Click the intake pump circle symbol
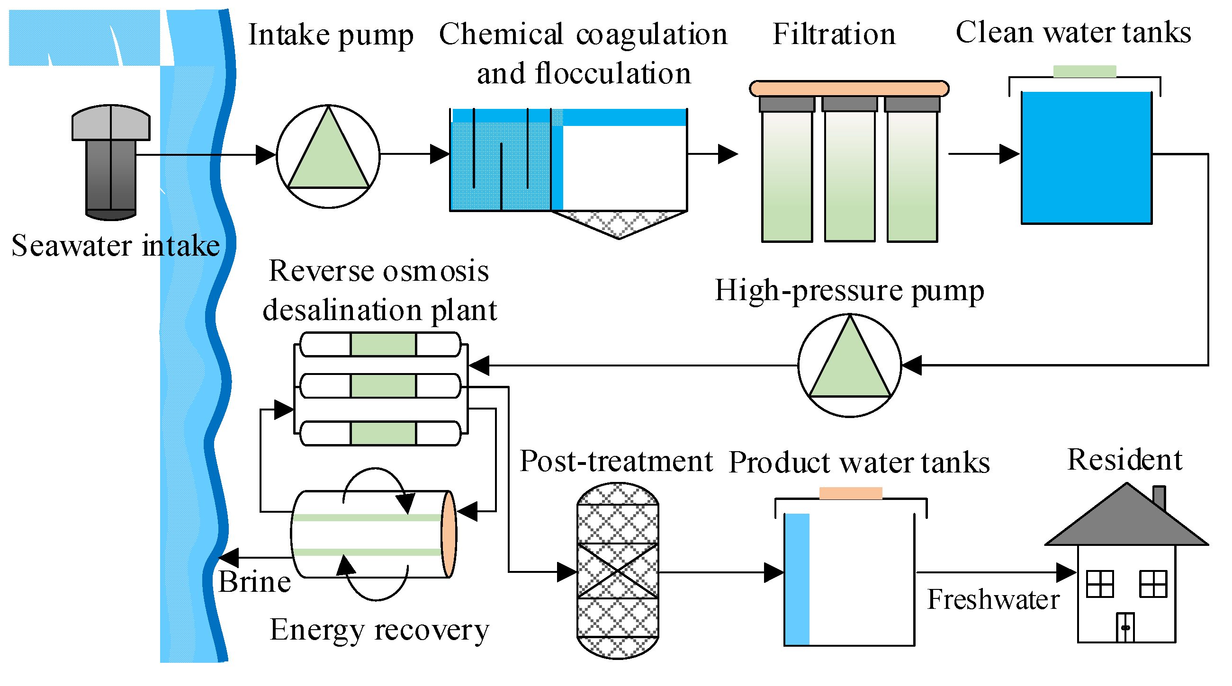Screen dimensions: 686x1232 pos(328,156)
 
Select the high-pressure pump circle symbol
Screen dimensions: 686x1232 pos(849,365)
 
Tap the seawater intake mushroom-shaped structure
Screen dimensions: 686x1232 pos(111,161)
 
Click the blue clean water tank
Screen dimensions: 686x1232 pos(1086,157)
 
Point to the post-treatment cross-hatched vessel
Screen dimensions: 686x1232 pos(618,571)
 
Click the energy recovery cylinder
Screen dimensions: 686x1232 pos(373,534)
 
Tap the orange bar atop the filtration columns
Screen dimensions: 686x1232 pos(849,89)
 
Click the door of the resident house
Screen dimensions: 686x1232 pos(1125,627)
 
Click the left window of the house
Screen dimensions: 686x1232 pos(1099,584)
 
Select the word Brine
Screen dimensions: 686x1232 pos(254,582)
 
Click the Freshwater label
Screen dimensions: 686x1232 pos(993,599)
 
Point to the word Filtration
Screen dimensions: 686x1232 pos(834,34)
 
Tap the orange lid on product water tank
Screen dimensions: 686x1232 pos(850,493)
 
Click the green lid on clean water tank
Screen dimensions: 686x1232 pos(1084,71)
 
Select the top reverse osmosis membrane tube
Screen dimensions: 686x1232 pos(381,345)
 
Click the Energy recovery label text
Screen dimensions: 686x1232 pos(379,630)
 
